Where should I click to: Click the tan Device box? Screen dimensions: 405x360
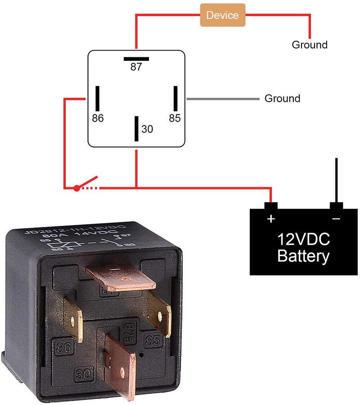(222, 15)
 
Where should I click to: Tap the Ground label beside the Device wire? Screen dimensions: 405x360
(310, 45)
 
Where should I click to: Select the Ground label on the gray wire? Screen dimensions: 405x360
(282, 99)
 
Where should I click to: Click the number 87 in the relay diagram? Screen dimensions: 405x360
(136, 67)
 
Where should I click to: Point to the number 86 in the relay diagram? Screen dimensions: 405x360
(97, 118)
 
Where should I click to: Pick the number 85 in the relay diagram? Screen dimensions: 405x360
(175, 118)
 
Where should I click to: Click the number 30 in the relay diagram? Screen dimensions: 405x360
(147, 129)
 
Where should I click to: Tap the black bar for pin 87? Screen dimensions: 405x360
(136, 59)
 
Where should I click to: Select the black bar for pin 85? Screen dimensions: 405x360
(175, 98)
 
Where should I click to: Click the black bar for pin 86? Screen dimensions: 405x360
(97, 98)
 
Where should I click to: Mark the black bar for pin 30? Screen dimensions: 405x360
(136, 129)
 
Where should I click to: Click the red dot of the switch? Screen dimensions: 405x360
(76, 188)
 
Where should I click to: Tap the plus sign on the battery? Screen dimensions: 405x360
(271, 219)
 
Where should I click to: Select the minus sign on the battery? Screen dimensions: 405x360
(336, 219)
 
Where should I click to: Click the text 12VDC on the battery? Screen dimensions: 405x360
(303, 240)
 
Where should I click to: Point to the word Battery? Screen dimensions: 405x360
(303, 256)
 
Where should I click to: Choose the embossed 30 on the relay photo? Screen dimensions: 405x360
(84, 373)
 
